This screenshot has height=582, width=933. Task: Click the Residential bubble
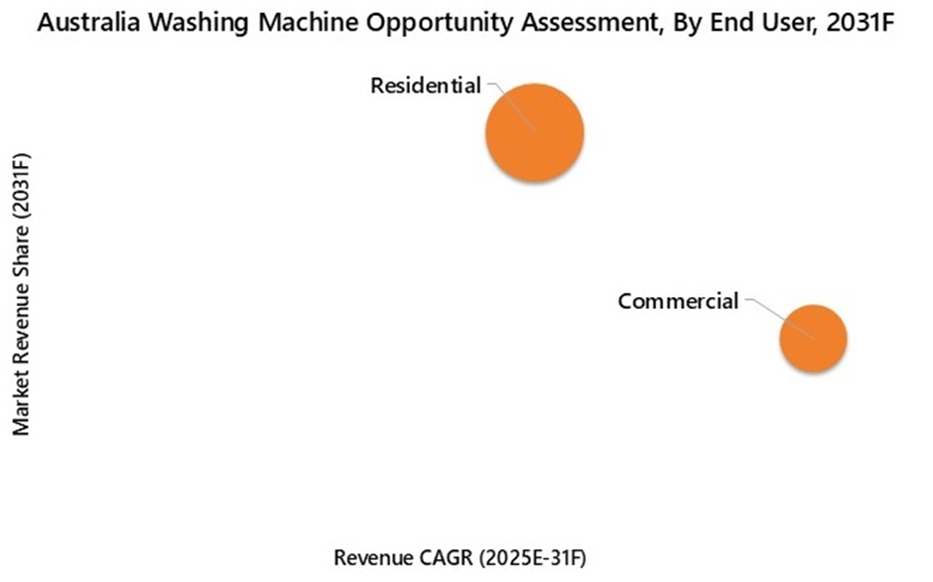[x=535, y=132]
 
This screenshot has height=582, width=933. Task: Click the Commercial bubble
[x=814, y=339]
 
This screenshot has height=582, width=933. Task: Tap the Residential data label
[x=426, y=85]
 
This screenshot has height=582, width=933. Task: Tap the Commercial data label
[x=678, y=301]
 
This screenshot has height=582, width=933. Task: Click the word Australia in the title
[x=88, y=23]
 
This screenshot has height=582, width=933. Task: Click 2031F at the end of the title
[x=861, y=23]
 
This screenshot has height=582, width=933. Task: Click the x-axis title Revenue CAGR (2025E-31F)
[x=460, y=558]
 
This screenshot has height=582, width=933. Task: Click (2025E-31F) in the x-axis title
[x=533, y=559]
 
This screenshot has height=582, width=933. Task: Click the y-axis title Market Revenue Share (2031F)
[x=21, y=294]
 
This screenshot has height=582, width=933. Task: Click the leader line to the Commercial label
[x=779, y=318]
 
